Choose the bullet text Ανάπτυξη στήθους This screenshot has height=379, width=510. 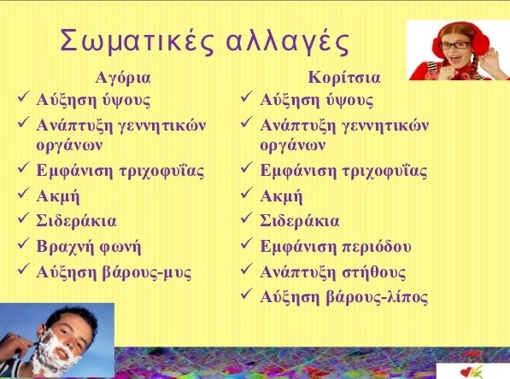point(332,272)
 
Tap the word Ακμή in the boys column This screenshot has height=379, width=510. point(58,196)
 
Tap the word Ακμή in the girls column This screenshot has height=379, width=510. point(281,196)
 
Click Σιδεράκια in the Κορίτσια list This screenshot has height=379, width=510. point(299,221)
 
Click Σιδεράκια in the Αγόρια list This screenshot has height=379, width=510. point(76,221)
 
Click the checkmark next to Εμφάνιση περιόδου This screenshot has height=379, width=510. point(246,247)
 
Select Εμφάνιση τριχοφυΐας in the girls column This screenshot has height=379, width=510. point(343,171)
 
